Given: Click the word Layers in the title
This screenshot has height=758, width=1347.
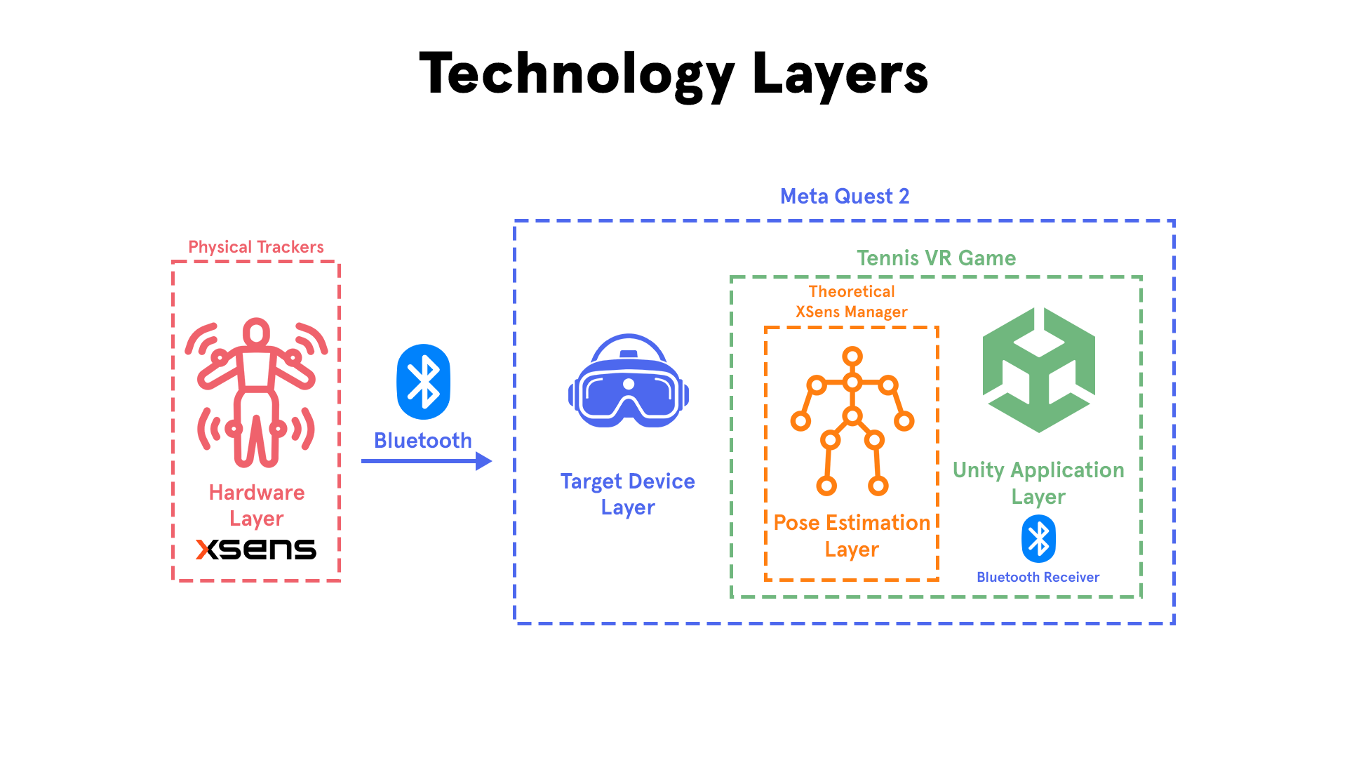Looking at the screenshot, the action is pyautogui.click(x=840, y=73).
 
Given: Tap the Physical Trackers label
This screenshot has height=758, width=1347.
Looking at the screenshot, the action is pyautogui.click(x=256, y=247).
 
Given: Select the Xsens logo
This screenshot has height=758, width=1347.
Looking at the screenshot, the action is pyautogui.click(x=256, y=549).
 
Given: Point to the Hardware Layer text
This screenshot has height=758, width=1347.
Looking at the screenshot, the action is pyautogui.click(x=257, y=505).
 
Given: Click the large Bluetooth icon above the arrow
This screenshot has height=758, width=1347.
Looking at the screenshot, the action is pyautogui.click(x=423, y=382).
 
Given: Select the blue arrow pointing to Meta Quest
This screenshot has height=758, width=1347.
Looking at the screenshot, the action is pyautogui.click(x=427, y=461).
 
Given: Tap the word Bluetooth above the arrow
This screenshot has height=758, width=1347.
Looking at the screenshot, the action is pyautogui.click(x=423, y=440).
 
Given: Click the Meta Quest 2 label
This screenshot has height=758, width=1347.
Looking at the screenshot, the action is pyautogui.click(x=845, y=196).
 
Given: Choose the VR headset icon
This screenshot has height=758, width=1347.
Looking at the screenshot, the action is pyautogui.click(x=629, y=380).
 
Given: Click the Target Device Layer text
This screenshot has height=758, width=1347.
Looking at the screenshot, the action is pyautogui.click(x=628, y=494).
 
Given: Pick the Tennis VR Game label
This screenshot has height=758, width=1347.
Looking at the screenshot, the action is pyautogui.click(x=936, y=258).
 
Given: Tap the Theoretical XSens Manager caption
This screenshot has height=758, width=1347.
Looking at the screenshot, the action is pyautogui.click(x=852, y=302).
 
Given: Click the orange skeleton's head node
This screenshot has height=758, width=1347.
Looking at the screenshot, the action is pyautogui.click(x=852, y=357).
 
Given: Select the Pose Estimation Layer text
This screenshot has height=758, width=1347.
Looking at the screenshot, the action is pyautogui.click(x=852, y=536).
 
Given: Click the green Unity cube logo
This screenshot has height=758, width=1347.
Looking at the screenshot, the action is pyautogui.click(x=1039, y=370).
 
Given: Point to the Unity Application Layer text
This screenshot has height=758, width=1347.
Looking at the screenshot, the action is pyautogui.click(x=1038, y=483).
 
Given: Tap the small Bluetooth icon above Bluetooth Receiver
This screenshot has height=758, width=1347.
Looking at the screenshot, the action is pyautogui.click(x=1039, y=539).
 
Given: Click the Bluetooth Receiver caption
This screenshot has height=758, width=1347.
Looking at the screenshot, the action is pyautogui.click(x=1038, y=577).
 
